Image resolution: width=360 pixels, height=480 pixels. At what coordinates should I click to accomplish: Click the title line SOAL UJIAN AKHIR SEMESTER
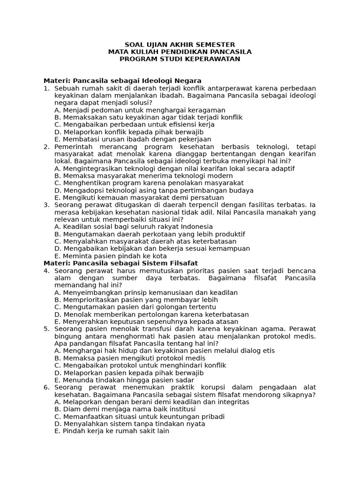[180, 45]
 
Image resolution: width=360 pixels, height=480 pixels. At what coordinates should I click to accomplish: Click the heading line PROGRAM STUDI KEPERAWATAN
[180, 59]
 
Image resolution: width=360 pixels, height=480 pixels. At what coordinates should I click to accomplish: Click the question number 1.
[46, 88]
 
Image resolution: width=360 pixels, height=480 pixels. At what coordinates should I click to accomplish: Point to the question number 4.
[46, 271]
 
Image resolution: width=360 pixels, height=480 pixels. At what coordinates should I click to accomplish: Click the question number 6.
[46, 387]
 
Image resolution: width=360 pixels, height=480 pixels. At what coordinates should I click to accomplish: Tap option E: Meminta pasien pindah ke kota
[110, 256]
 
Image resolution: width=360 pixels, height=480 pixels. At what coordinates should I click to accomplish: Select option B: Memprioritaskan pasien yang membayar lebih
[136, 300]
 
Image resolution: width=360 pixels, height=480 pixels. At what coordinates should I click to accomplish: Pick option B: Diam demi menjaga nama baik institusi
[133, 409]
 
